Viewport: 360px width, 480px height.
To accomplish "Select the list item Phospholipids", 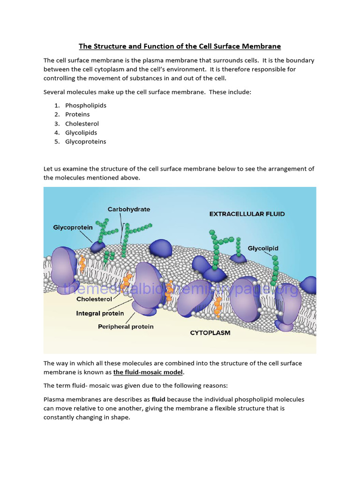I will pos(86,105).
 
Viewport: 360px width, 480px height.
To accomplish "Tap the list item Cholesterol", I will pos(82,124).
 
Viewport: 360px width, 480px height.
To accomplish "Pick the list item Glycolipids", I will pos(81,133).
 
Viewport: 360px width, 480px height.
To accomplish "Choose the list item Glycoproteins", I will pos(86,142).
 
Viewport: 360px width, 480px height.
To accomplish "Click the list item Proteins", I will pos(77,114).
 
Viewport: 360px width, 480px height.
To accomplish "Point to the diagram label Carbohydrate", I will pos(129,210).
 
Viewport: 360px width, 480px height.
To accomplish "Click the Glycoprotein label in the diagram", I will pos(73,227).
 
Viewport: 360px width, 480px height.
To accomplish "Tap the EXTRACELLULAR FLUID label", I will pos(247,214).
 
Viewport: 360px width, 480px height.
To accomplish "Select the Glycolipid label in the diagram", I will pos(263,248).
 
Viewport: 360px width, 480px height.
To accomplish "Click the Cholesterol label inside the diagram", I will pos(94,299).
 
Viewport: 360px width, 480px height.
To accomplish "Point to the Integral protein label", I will pos(100,313).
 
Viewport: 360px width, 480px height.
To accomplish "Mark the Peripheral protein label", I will pos(126,327).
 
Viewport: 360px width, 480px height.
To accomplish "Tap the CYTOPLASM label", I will pos(210,333).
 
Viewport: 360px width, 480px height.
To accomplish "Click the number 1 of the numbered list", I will pos(56,105).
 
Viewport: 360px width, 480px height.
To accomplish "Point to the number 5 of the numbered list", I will pos(56,142).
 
